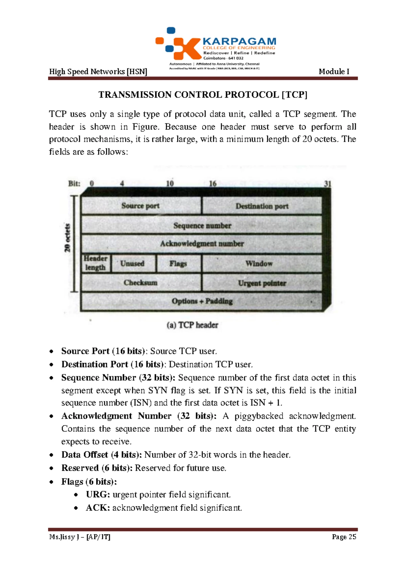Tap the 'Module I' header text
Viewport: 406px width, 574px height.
[x=334, y=71]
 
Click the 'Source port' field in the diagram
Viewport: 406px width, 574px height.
[x=141, y=206]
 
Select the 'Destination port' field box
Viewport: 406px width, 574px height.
[x=262, y=206]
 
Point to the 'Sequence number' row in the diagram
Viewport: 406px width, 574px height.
[x=202, y=225]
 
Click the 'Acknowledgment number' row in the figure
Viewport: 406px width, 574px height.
[x=202, y=244]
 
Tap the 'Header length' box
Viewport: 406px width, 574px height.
[x=95, y=263]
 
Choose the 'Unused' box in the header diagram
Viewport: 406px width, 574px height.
[x=133, y=263]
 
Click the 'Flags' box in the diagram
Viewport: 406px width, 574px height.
[x=178, y=263]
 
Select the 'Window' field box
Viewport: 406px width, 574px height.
[x=259, y=263]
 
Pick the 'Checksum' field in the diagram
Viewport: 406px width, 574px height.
[x=141, y=283]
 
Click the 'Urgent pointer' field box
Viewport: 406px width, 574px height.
[x=262, y=283]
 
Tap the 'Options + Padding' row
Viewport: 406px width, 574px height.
[x=202, y=301]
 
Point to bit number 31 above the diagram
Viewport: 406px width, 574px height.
[x=328, y=184]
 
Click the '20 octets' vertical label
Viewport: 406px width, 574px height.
[x=68, y=238]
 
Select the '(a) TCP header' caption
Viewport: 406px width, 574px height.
[x=193, y=325]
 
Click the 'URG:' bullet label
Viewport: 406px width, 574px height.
[x=98, y=494]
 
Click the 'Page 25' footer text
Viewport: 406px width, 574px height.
[x=344, y=537]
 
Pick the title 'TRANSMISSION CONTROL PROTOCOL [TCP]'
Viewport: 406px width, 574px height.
[x=203, y=95]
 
